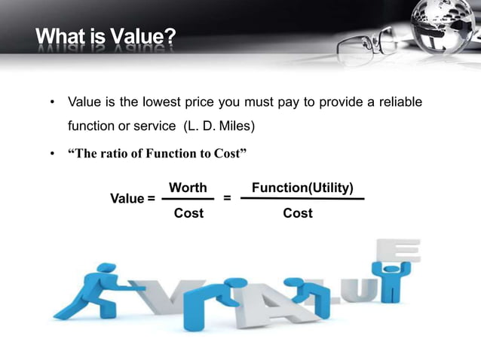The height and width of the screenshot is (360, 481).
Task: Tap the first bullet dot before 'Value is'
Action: pos(51,102)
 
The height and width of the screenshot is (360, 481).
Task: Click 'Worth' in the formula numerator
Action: pos(188,187)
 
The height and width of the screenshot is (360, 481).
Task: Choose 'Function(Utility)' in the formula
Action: pos(302,187)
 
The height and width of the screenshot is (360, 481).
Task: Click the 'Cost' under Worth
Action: pos(188,213)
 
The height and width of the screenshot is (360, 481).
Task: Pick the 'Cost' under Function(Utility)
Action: pos(298,213)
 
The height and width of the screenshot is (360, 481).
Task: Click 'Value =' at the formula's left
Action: pos(133,199)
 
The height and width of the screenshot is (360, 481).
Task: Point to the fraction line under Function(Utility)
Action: pos(302,200)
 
